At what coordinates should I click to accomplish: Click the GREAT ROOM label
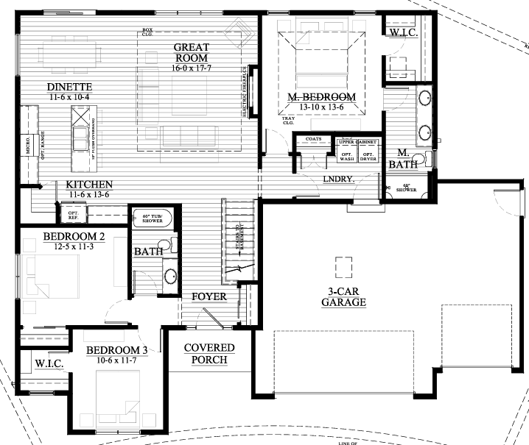(190, 52)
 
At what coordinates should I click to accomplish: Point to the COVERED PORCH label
(209, 353)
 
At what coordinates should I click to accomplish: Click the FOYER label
(209, 296)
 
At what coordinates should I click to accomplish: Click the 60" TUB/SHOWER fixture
(153, 217)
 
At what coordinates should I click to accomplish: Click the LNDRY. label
(339, 179)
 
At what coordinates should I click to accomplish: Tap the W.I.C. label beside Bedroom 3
(49, 364)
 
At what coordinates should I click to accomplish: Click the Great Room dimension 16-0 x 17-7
(190, 68)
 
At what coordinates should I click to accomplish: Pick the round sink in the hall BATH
(169, 276)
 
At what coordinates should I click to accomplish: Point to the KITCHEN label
(88, 184)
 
